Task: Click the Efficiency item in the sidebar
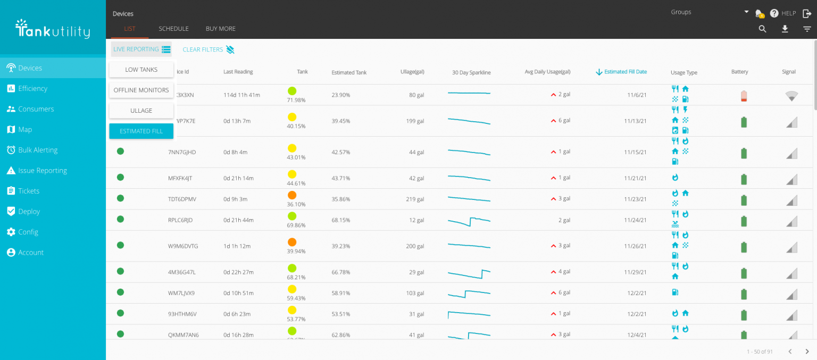point(32,88)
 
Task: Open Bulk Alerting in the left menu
point(37,150)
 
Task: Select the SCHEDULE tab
point(173,29)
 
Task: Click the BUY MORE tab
point(220,29)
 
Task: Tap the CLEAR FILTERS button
point(208,49)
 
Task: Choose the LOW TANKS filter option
point(141,70)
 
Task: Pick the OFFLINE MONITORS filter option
point(141,90)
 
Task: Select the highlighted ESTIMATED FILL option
point(141,131)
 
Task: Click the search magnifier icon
point(762,29)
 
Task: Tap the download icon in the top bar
point(785,29)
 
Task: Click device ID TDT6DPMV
point(182,199)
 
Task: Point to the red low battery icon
point(744,96)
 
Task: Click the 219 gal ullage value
point(414,199)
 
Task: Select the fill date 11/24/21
point(635,220)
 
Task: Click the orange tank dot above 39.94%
point(292,242)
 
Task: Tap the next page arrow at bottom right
point(807,351)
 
